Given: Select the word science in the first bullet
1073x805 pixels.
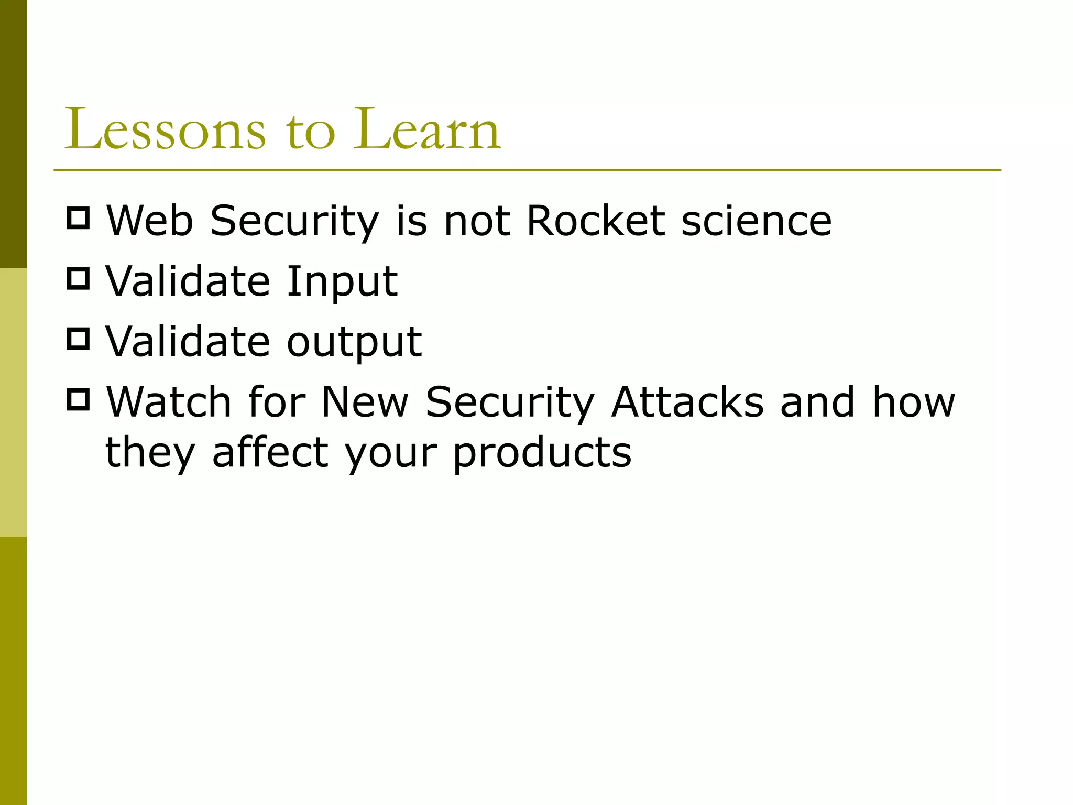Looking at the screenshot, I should [756, 221].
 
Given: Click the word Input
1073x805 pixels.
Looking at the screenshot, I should [342, 282].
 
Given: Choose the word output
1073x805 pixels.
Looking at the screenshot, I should [354, 342].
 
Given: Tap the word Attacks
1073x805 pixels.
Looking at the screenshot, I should [687, 402].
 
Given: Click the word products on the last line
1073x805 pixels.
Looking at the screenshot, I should [542, 452].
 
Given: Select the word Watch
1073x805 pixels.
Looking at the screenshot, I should [169, 402].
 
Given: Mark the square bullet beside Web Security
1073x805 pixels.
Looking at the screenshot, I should [79, 217].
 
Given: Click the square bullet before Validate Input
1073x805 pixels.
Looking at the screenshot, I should [79, 278].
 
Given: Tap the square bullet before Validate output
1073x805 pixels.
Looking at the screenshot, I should [79, 339].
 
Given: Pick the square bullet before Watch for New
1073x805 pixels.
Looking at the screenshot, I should [79, 399].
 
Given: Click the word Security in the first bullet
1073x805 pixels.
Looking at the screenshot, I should [294, 221].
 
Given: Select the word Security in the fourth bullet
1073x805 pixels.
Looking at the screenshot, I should [509, 402].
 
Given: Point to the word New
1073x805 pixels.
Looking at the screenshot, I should [364, 402].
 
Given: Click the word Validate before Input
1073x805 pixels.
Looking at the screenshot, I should [188, 281].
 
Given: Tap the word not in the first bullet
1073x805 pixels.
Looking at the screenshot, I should [476, 221].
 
